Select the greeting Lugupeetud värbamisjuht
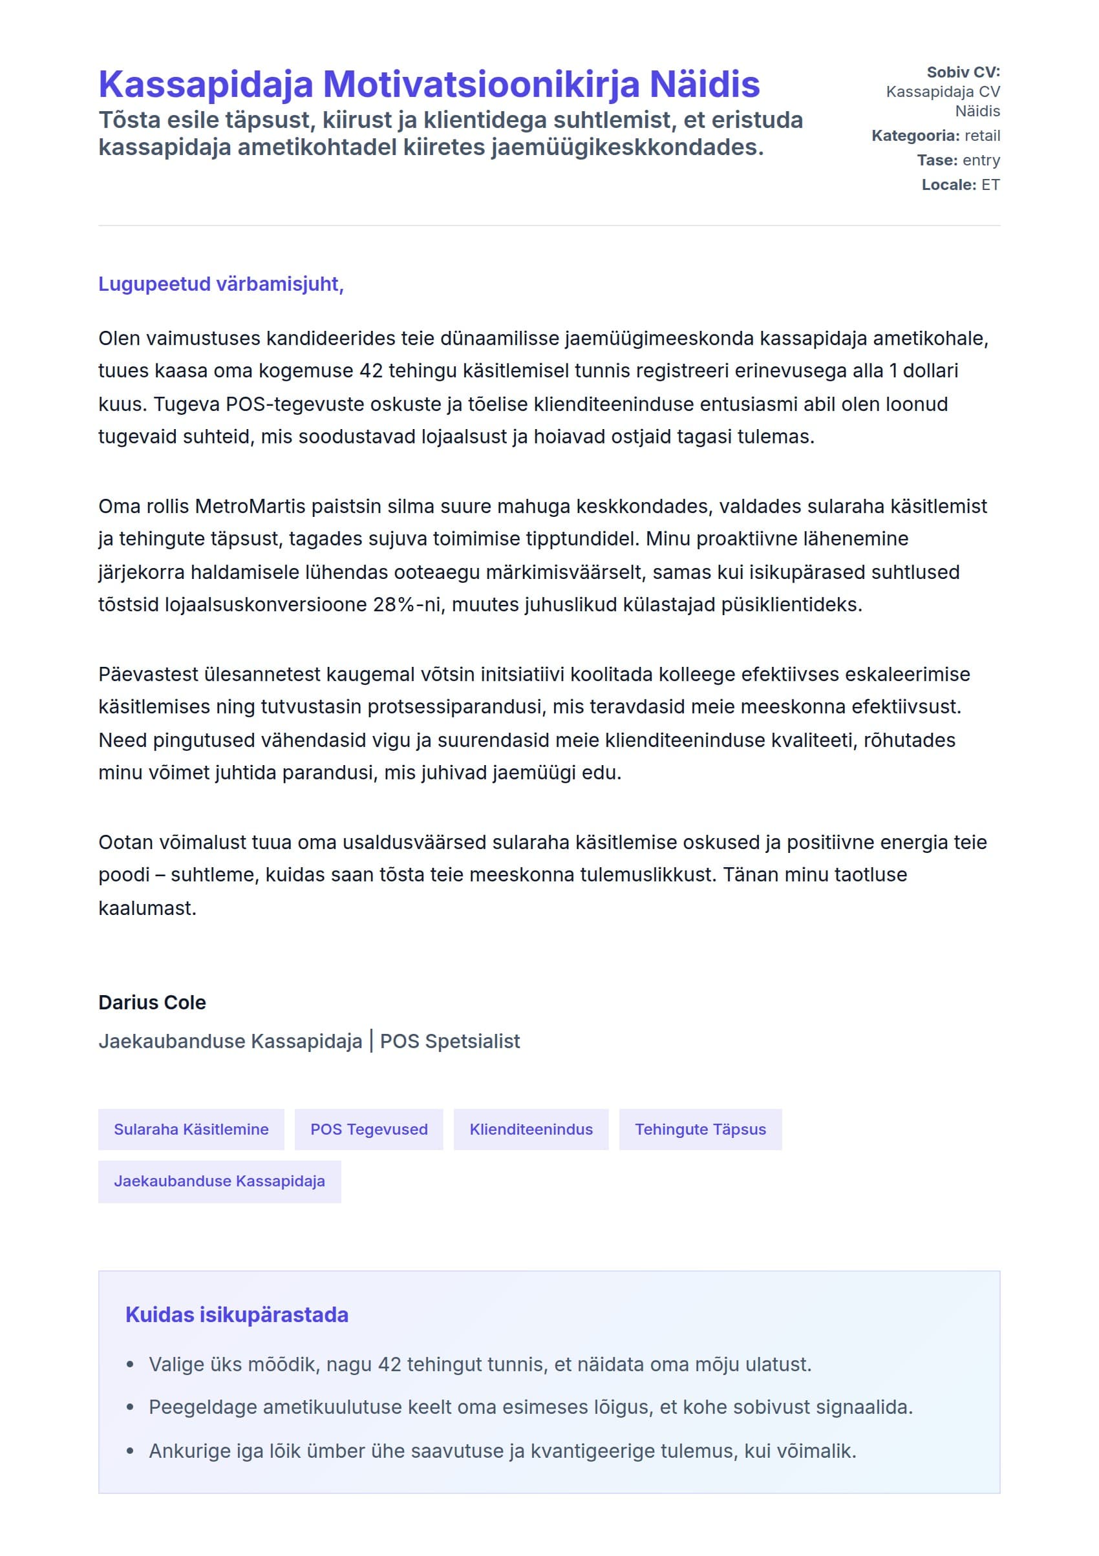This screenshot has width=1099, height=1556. [x=220, y=284]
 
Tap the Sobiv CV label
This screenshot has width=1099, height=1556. [x=963, y=72]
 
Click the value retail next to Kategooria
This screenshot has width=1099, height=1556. [x=982, y=136]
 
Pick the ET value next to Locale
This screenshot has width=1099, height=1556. [x=990, y=184]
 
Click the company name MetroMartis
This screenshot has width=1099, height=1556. [x=247, y=506]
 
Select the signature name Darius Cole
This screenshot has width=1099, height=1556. [x=152, y=1002]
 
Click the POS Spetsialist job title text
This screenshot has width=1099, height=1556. [x=449, y=1041]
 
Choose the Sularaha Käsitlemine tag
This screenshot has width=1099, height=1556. [x=191, y=1129]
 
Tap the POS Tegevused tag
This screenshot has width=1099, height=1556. [x=369, y=1129]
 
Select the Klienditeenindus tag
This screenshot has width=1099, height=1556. [x=531, y=1129]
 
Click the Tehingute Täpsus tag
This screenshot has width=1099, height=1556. [x=699, y=1129]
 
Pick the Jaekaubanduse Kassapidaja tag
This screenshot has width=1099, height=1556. [x=219, y=1181]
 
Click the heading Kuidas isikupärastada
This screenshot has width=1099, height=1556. [x=237, y=1315]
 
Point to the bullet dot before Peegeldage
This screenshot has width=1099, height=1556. [x=130, y=1407]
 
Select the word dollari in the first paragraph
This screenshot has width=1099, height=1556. [x=930, y=371]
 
